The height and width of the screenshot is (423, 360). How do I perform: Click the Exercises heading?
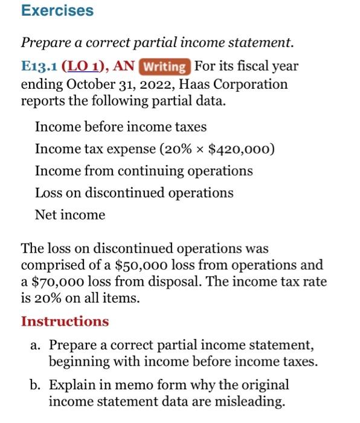pyautogui.click(x=57, y=11)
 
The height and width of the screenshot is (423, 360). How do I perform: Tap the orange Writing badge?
pyautogui.click(x=165, y=66)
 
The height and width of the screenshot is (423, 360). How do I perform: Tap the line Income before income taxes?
pyautogui.click(x=121, y=127)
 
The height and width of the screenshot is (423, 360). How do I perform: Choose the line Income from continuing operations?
pyautogui.click(x=144, y=171)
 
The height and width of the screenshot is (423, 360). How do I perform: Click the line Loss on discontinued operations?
pyautogui.click(x=134, y=193)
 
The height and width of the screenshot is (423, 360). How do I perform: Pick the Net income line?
pyautogui.click(x=70, y=215)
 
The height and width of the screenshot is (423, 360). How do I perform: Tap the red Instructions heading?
pyautogui.click(x=65, y=321)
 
